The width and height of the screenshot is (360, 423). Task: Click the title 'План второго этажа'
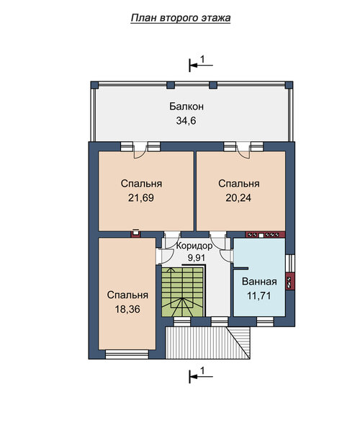pos(181,18)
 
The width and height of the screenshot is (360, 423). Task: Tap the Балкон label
pos(186,107)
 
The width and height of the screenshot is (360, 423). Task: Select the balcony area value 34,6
pos(186,121)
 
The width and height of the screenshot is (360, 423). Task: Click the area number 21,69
pos(141,198)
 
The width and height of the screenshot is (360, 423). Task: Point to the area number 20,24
pos(238,198)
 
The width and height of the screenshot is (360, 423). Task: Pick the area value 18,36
pos(127,309)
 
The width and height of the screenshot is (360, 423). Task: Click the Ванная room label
pos(259,282)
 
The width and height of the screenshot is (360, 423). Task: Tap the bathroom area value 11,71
pos(259,296)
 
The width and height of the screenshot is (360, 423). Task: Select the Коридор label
pos(194,246)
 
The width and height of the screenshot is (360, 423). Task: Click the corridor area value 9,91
pos(197,258)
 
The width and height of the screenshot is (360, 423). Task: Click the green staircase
pos(182,292)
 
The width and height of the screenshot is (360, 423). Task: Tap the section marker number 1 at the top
pos(203,59)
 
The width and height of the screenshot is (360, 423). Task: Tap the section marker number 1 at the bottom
pos(203,370)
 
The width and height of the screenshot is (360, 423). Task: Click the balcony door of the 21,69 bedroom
pos(140,150)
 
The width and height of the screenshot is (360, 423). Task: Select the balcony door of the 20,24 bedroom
pos(243,150)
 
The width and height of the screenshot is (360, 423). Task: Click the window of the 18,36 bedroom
pos(127,355)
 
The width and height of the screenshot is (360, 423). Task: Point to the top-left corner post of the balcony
pos(94,85)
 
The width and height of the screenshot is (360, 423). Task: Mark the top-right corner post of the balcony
pos(289,85)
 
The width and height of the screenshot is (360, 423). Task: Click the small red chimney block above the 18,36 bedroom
pos(136,233)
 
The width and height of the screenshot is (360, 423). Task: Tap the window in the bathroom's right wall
pos(290,263)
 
